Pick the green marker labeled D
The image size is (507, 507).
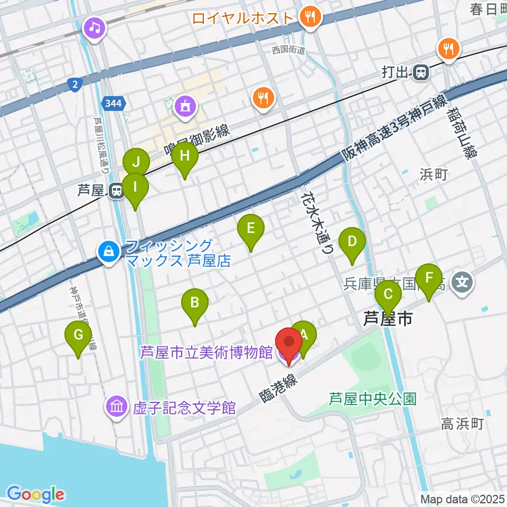click(x=352, y=243)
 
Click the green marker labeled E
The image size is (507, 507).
click(x=251, y=230)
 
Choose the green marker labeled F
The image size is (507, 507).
click(x=429, y=278)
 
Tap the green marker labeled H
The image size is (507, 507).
click(x=185, y=157)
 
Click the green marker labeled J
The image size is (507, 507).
click(x=136, y=160)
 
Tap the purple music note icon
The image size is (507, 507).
click(x=95, y=26)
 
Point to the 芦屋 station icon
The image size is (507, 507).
click(x=114, y=190)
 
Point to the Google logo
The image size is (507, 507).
click(x=35, y=495)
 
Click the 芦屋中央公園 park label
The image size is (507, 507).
click(x=373, y=398)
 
